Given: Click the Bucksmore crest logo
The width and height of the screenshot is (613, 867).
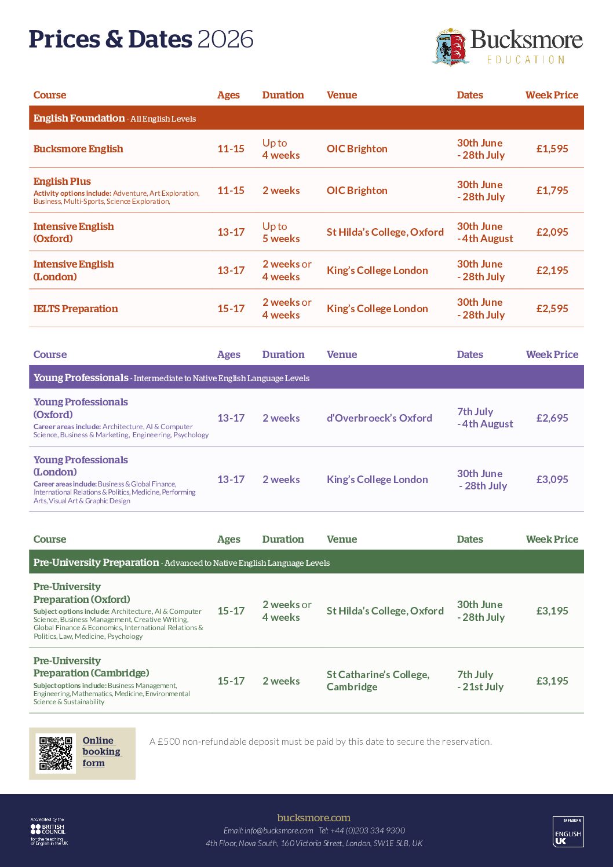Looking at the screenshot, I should click(450, 46).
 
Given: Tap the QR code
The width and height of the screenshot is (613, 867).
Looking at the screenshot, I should click(56, 753).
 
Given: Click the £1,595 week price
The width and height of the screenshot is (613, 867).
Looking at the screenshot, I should click(552, 149).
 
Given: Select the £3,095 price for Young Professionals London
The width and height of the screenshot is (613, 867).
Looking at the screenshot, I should click(552, 480).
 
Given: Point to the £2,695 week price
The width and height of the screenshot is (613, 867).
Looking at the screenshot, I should click(552, 418).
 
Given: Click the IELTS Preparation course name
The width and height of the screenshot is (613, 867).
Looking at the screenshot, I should click(75, 309).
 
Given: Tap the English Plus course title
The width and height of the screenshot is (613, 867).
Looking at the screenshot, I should click(62, 181).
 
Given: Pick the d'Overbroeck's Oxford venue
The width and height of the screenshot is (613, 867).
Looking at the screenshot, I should click(379, 418).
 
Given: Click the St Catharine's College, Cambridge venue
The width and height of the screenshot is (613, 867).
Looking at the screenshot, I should click(378, 681).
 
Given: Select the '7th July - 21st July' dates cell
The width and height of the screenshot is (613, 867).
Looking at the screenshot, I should click(480, 681).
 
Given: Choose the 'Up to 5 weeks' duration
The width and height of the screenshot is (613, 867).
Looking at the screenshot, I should click(281, 232).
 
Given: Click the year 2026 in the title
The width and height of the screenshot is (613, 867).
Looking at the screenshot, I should click(225, 39).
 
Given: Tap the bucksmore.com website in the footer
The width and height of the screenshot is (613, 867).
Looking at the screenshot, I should click(313, 818).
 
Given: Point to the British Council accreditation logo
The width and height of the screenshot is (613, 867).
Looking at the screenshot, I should click(49, 832).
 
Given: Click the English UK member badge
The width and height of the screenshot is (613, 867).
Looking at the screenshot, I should click(568, 832).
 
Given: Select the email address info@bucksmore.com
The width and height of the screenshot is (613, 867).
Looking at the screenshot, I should click(279, 831).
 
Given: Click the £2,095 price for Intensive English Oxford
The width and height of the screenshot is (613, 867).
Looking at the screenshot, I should click(552, 232).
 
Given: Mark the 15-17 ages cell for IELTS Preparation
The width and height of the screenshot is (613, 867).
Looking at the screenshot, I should click(231, 309).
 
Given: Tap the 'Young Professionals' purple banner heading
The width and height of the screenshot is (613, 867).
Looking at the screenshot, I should click(81, 378).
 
